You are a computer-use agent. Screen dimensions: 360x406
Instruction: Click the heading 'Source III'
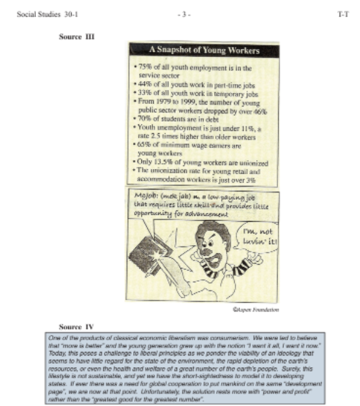point(77,36)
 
